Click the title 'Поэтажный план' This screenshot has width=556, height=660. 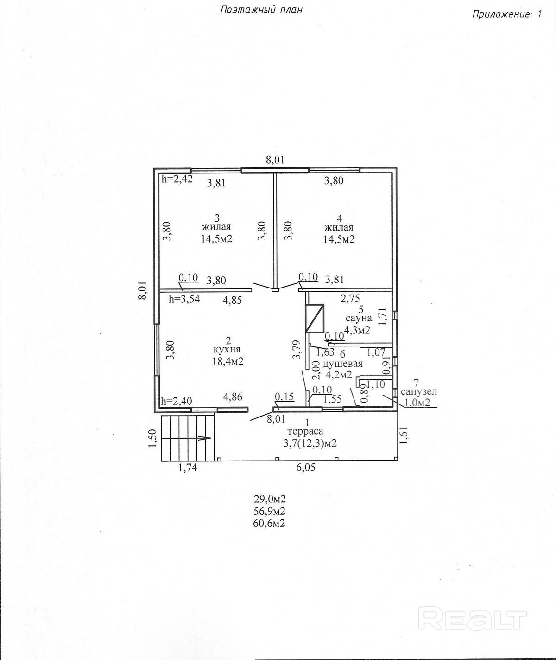(x=262, y=9)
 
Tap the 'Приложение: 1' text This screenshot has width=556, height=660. (x=506, y=14)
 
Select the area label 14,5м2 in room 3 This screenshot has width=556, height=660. (x=216, y=239)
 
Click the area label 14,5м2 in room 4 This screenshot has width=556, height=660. (x=340, y=239)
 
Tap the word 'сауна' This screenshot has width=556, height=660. (x=359, y=319)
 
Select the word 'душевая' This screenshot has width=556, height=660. (x=345, y=364)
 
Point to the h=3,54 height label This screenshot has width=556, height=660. (x=184, y=299)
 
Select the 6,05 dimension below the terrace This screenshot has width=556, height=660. (x=305, y=468)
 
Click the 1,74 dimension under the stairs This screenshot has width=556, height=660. (x=188, y=468)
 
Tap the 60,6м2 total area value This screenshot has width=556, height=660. (x=269, y=523)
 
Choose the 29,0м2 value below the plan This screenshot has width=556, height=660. (x=269, y=499)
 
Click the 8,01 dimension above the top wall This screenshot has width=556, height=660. (x=275, y=160)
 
